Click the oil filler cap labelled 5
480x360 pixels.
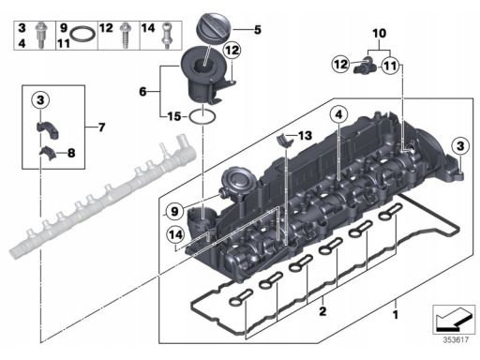tap(214, 27)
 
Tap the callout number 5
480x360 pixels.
tap(258, 30)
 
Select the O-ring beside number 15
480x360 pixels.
tap(202, 117)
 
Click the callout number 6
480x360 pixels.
tap(142, 92)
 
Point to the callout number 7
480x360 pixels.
tap(101, 127)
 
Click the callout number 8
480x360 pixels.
tap(71, 153)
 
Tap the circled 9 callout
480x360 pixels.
tap(174, 211)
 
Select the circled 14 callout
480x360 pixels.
tap(175, 234)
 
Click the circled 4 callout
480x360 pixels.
tap(339, 114)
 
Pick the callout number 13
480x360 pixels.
tap(305, 136)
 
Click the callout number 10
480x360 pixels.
tap(380, 34)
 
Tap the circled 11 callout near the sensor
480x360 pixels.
tap(390, 66)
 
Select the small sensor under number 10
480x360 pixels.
tap(365, 64)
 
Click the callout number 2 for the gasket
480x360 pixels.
tap(322, 311)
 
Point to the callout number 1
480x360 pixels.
tap(396, 314)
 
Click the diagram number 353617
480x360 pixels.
tap(456, 339)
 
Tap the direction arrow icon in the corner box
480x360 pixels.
tap(454, 320)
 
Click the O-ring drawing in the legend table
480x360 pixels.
tap(82, 34)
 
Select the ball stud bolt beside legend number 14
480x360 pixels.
tap(167, 36)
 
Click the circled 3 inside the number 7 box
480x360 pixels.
tap(40, 100)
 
